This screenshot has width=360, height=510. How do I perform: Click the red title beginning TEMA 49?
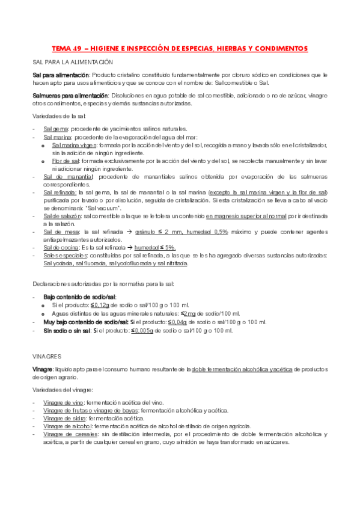click(180, 48)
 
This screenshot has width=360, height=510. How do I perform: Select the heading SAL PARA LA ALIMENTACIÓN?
click(73, 63)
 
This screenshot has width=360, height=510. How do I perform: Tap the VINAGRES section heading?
click(47, 355)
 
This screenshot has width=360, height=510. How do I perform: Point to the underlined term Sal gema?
click(55, 129)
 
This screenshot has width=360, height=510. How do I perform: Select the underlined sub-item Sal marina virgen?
click(75, 145)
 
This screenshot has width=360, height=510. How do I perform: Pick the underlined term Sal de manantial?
click(68, 177)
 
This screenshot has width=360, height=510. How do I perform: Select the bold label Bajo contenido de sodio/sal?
click(80, 297)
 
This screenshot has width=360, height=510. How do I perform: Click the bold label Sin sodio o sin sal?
click(67, 330)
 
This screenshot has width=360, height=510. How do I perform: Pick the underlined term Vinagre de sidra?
click(64, 417)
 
